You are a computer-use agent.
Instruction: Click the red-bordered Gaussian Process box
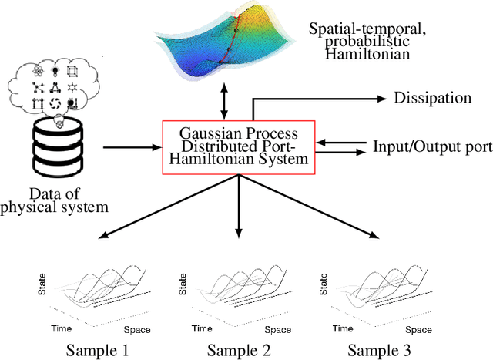(239, 147)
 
